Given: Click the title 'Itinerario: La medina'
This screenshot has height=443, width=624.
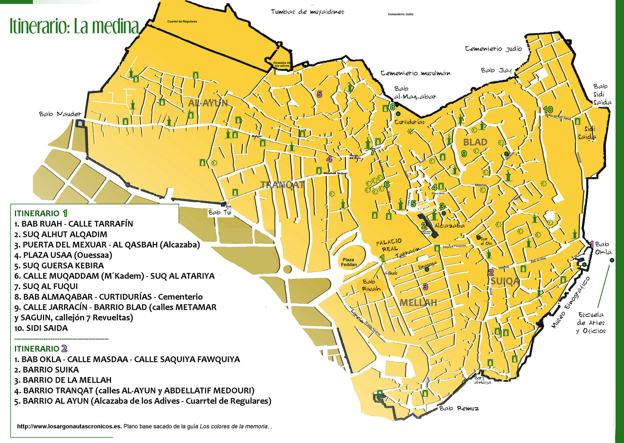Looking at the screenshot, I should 74,27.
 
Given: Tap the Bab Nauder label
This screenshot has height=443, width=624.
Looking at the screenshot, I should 60,114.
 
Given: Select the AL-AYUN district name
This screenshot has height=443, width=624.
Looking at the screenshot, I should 208,103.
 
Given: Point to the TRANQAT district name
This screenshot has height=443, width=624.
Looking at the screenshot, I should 282,185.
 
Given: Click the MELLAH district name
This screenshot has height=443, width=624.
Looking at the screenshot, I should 418,303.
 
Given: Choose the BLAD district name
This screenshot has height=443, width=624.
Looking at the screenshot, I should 475,142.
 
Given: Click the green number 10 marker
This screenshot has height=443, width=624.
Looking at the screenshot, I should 548,109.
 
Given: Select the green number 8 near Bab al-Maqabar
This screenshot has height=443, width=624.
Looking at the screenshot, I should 392,107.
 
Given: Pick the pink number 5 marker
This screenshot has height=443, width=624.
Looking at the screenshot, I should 319,94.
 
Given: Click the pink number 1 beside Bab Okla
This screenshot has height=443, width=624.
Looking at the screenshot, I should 591,244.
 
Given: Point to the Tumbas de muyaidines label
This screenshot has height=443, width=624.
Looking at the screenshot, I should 307,12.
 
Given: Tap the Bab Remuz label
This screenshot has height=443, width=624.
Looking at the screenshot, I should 459,408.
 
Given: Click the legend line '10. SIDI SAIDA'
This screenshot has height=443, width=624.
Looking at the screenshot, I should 41,328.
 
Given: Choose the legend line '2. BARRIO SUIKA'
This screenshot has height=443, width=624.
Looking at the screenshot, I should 47,370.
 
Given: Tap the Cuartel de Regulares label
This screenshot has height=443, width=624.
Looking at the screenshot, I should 182,22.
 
